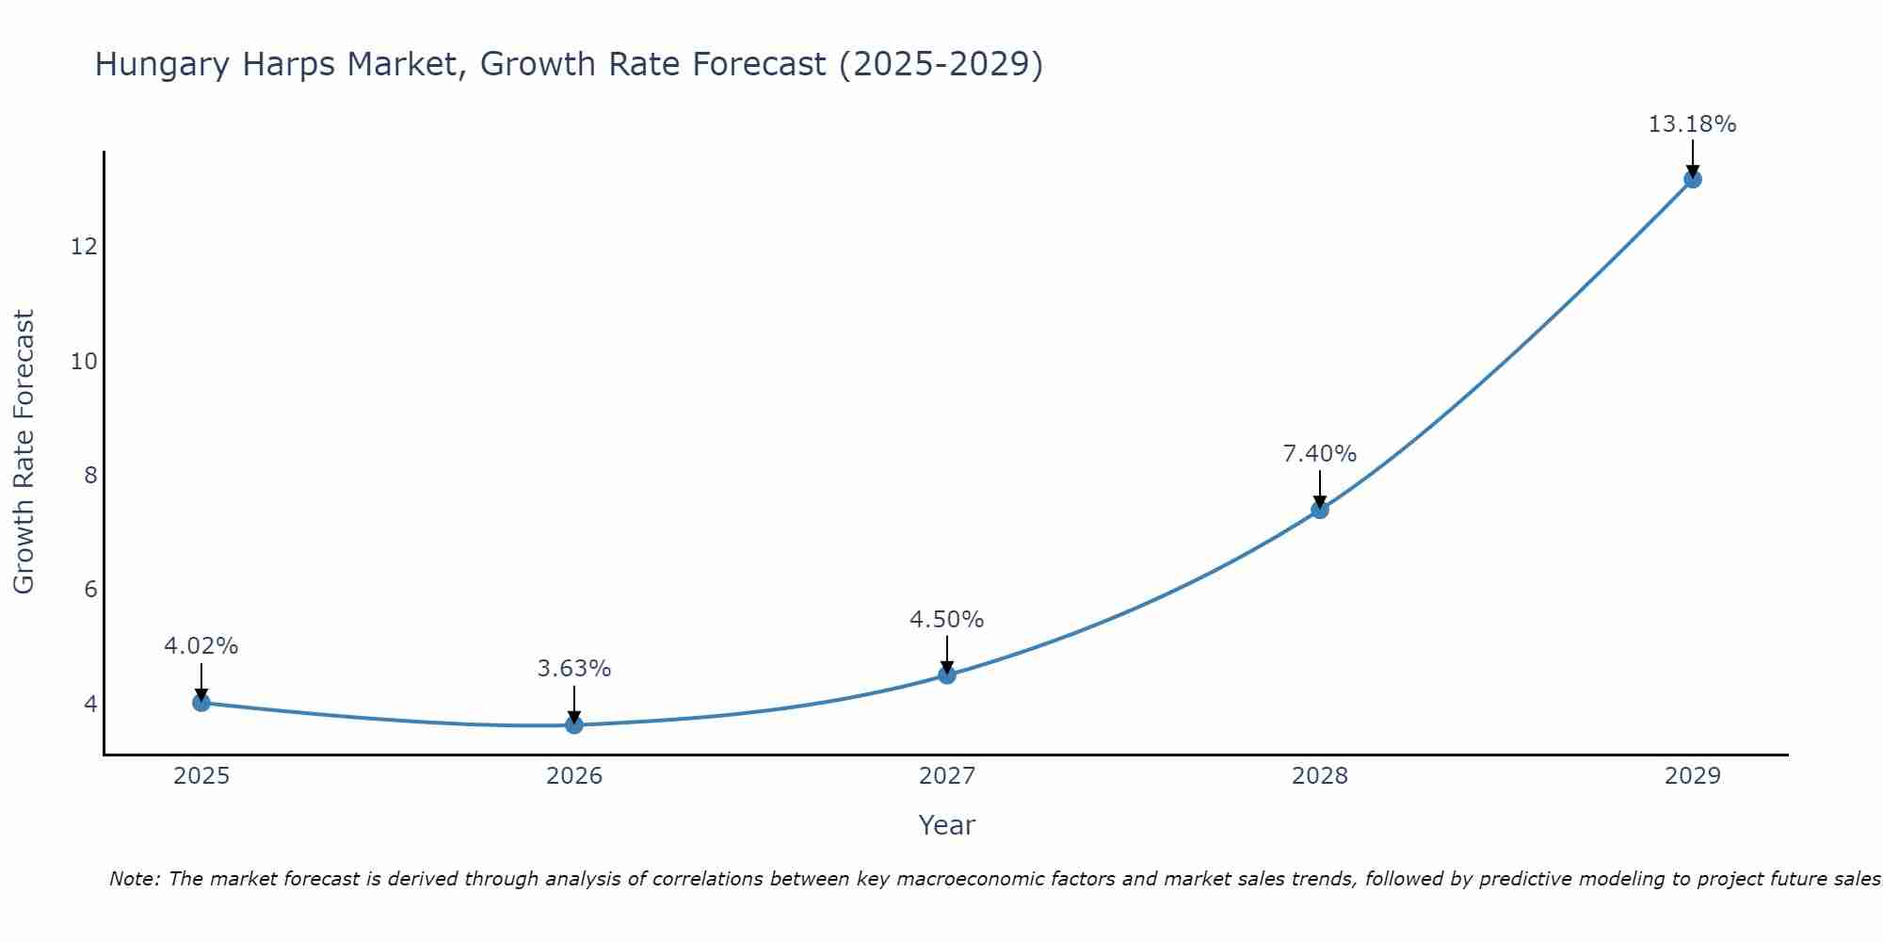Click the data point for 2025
[x=201, y=702]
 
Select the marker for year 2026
[x=574, y=724]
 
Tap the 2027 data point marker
[x=947, y=674]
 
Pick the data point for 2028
[x=1320, y=510]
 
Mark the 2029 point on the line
[x=1692, y=179]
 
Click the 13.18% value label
[x=1692, y=124]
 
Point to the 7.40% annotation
[x=1320, y=454]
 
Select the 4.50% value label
[x=946, y=620]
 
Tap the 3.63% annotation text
[x=574, y=669]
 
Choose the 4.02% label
[x=201, y=646]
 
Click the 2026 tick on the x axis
[x=574, y=776]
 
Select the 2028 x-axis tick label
[x=1320, y=776]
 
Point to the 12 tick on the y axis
[x=84, y=247]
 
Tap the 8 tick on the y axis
[x=90, y=475]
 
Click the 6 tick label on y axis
[x=90, y=590]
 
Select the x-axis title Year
[x=946, y=825]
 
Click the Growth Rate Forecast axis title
[x=24, y=452]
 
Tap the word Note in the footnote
[x=135, y=879]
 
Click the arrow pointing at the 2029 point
[x=1692, y=158]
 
